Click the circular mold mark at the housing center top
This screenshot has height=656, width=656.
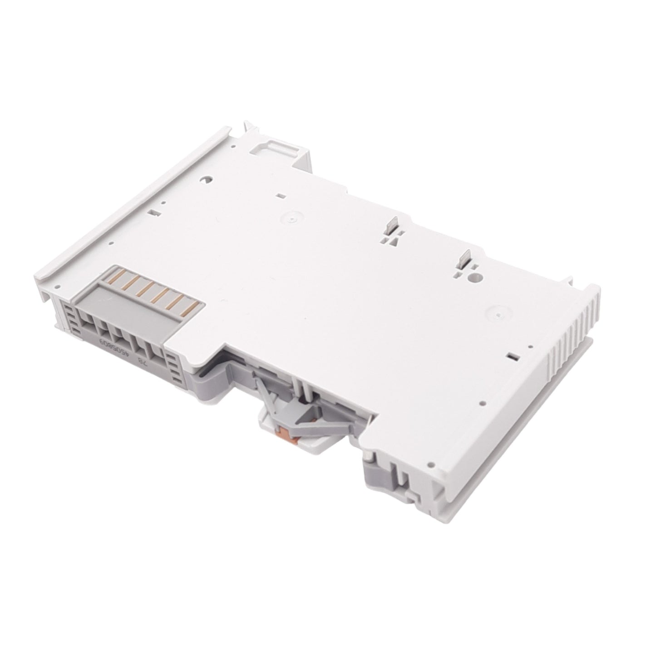[x=293, y=218]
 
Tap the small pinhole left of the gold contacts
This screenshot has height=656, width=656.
[x=58, y=287]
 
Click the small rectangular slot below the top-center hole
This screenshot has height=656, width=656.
[x=281, y=196]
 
